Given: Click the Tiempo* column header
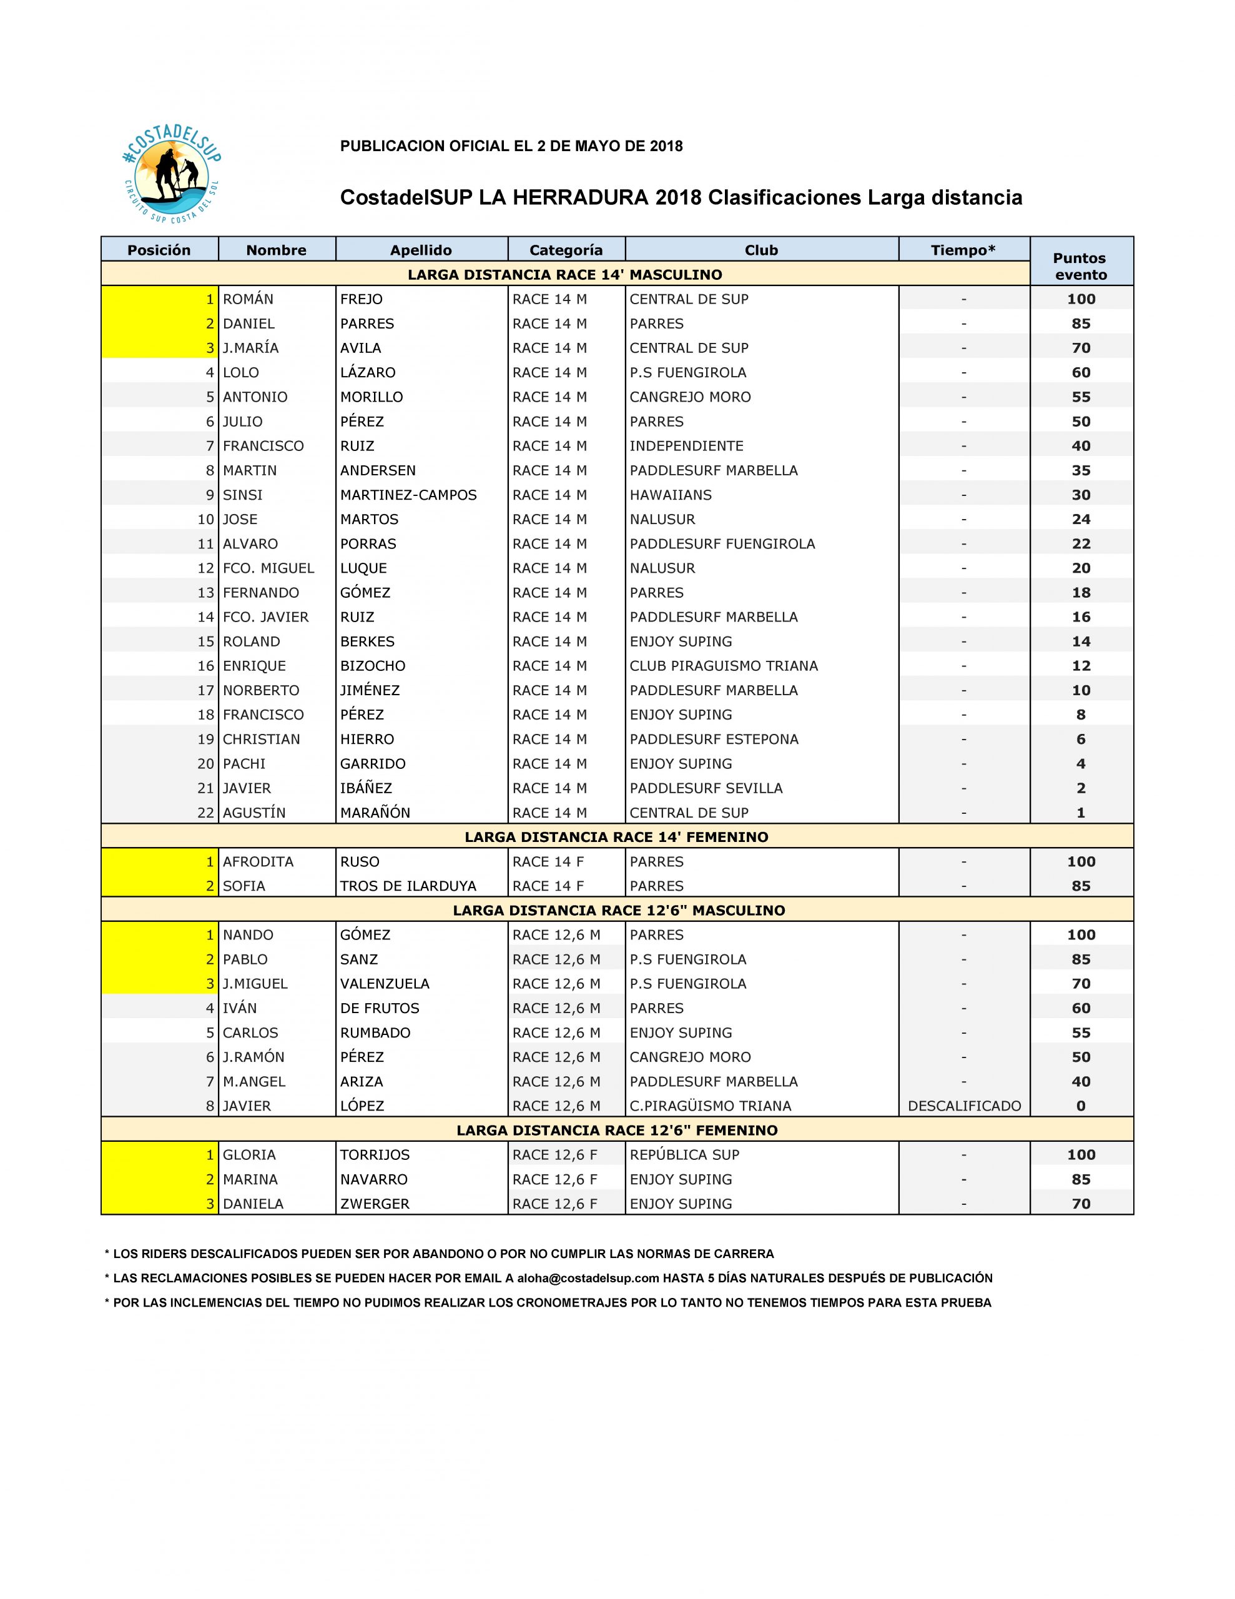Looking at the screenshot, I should pos(963,250).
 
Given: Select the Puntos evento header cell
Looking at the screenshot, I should pos(1081,265).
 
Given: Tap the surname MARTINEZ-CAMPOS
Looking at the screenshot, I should pos(408,495).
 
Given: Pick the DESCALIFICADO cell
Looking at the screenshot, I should pos(963,1106).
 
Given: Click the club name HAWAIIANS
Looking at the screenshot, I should pos(670,495).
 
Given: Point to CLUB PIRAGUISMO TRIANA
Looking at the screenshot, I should pos(723,665).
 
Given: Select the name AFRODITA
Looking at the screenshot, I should pos(258,862).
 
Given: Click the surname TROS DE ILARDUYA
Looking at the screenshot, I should pos(408,886).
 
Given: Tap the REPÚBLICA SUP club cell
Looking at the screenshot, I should pos(684,1154).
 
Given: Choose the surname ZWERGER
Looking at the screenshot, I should pos(374,1204).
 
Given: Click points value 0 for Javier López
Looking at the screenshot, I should pos(1081,1106).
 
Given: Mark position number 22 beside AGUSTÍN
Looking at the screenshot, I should pos(205,813).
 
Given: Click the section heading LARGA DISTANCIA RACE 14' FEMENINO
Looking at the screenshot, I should pos(616,837).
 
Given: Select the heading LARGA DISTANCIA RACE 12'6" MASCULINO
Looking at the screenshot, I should pos(619,910).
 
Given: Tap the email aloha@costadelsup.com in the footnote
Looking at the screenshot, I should pos(588,1277).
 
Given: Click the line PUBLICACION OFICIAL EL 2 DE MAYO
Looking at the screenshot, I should pos(511,146).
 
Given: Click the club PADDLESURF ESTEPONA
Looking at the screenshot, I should pos(714,739).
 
